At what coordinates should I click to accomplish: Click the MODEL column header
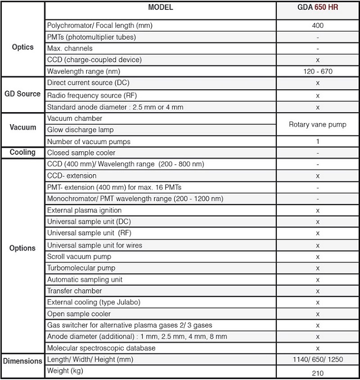160,8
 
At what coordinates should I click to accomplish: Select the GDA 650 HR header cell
317,8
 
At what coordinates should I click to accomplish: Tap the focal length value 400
318,26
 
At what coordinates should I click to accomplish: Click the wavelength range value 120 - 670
318,72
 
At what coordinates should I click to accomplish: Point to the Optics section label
22,47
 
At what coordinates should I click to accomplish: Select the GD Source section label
22,94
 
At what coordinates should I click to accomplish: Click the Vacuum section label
22,127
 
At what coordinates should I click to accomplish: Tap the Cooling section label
22,152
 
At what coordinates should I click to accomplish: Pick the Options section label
22,248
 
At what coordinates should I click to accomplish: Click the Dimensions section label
22,361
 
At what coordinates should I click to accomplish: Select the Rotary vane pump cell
318,124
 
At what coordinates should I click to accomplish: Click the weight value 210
318,373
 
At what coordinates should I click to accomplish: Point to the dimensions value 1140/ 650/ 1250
318,359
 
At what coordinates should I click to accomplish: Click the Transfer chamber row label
75,291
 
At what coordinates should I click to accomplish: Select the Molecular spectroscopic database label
101,348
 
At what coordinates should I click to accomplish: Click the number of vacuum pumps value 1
318,141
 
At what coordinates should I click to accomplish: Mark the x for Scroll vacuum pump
318,257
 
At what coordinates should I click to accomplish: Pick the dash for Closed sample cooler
318,153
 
